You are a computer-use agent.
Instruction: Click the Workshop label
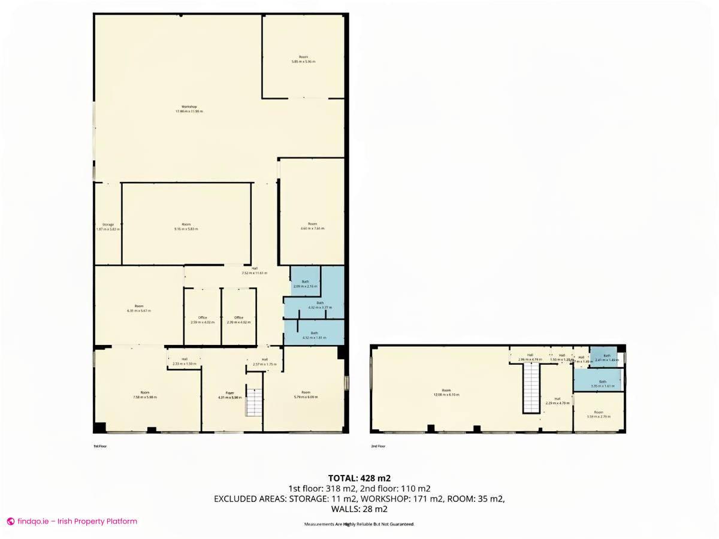pyautogui.click(x=189, y=107)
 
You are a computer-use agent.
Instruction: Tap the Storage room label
pyautogui.click(x=108, y=225)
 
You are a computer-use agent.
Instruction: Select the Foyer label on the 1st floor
pyautogui.click(x=229, y=393)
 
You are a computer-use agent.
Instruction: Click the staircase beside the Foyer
pyautogui.click(x=254, y=402)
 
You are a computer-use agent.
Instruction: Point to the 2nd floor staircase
pyautogui.click(x=532, y=389)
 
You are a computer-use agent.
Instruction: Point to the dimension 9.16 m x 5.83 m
pyautogui.click(x=186, y=229)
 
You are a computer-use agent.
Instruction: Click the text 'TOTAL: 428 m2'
pyautogui.click(x=359, y=478)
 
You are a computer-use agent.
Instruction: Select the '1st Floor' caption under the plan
pyautogui.click(x=99, y=446)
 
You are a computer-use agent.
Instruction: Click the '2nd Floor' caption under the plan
pyautogui.click(x=378, y=446)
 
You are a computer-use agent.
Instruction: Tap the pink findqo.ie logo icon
pyautogui.click(x=10, y=522)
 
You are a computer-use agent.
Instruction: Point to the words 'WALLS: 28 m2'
pyautogui.click(x=359, y=509)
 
